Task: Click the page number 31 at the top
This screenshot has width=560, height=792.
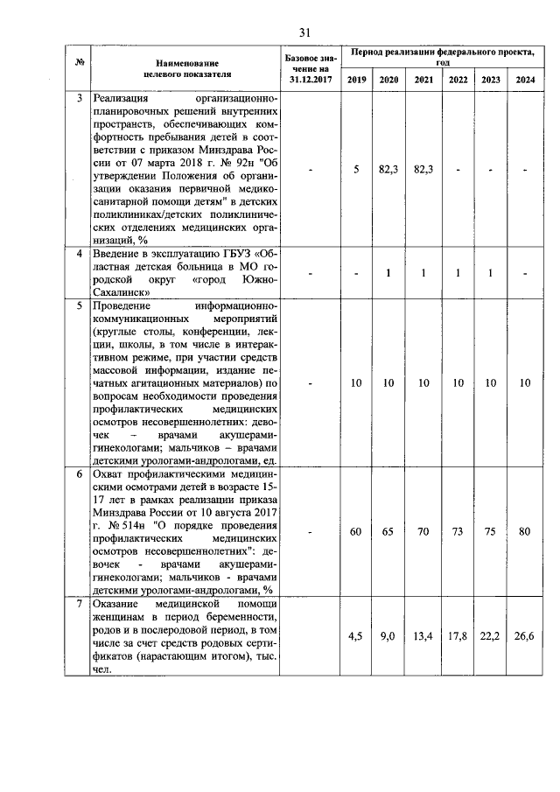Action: pos(304,32)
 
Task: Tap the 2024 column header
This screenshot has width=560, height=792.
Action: pos(525,80)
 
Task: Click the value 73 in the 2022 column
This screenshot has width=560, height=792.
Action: pos(458,531)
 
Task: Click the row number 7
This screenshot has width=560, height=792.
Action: pos(80,606)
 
